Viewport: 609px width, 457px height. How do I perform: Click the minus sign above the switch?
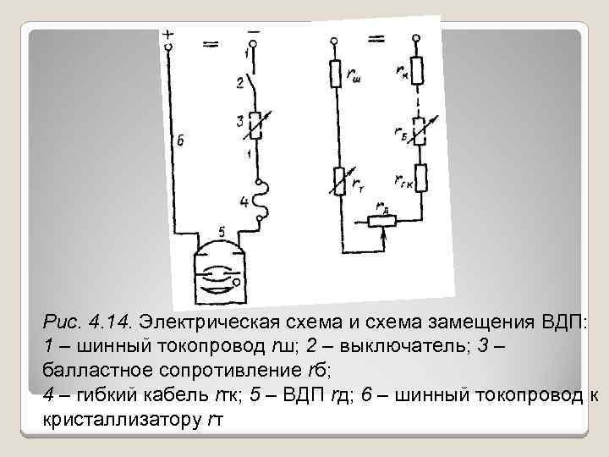coord(252,32)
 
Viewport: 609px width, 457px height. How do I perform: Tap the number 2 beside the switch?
coord(239,83)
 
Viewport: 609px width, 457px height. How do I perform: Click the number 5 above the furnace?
coord(222,231)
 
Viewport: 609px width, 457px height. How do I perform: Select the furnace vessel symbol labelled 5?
coord(220,271)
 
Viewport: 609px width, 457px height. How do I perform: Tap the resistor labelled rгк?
coord(420,179)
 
